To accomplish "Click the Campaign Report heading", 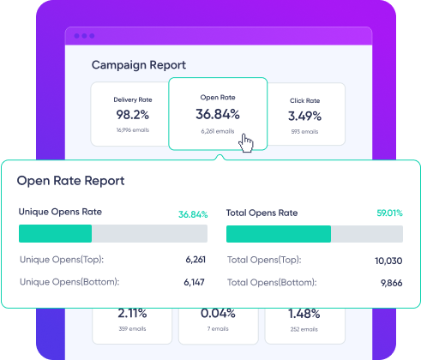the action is point(139,65).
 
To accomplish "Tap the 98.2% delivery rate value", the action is point(133,115).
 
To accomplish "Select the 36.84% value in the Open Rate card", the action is point(218,114).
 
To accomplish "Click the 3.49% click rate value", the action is point(304,116).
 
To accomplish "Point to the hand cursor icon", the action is point(246,143).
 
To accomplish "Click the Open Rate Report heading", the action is point(70,181).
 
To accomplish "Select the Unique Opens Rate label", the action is point(60,212).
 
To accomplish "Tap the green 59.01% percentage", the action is point(389,213).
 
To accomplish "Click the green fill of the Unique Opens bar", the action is point(55,233).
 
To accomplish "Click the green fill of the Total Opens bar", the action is point(279,234).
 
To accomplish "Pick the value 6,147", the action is point(194,282).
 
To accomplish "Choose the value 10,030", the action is point(388,261).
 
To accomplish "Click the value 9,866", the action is point(392,283).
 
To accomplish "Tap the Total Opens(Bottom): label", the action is point(272,283).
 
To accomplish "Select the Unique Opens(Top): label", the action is point(62,260).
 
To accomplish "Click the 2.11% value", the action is point(132,314).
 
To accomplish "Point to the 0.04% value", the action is point(218,314).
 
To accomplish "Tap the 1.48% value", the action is point(304,314).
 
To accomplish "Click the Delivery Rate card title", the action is point(133,99).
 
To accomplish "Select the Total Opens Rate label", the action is point(262,213).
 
